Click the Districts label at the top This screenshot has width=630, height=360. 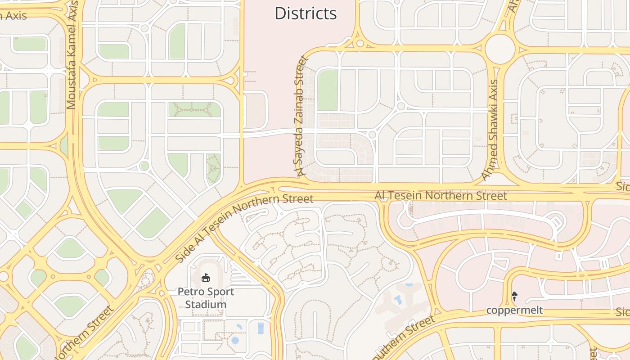[306, 13]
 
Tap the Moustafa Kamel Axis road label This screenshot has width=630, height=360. [72, 55]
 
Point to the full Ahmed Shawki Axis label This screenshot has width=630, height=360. [490, 130]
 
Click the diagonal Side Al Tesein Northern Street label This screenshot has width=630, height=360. [243, 228]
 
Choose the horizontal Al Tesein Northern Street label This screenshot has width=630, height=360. [441, 196]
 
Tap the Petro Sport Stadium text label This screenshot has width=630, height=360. [206, 298]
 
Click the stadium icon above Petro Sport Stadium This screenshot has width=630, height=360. [206, 278]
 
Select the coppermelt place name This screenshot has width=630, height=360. [514, 310]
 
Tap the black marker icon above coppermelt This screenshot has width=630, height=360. [514, 296]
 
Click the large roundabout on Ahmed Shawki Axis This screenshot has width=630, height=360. [499, 46]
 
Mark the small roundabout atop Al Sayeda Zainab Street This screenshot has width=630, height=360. [360, 44]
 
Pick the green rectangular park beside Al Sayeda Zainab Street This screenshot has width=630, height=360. [328, 90]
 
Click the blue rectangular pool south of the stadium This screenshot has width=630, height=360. [261, 328]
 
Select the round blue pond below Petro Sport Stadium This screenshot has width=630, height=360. [235, 341]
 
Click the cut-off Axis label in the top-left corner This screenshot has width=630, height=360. [13, 16]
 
